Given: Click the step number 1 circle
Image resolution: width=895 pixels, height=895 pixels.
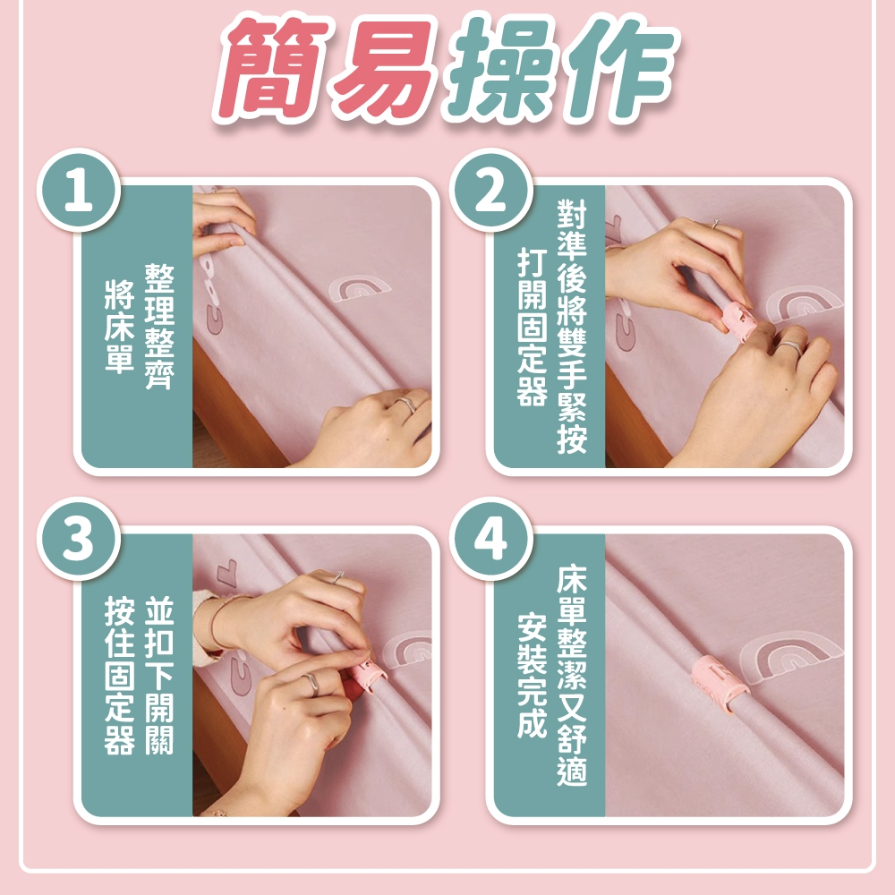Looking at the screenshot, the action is tap(79, 191).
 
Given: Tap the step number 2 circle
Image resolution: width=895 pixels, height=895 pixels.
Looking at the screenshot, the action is tap(490, 191).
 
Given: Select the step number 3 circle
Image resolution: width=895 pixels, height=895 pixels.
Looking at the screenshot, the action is tap(79, 540).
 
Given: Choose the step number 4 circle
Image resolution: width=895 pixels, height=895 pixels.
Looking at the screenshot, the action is tap(490, 540).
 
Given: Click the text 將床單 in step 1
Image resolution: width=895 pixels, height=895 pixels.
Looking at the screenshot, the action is tap(119, 326).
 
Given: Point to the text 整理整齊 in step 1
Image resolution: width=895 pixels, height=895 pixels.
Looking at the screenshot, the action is tap(159, 326).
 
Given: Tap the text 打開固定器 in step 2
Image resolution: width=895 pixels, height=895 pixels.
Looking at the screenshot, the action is tap(532, 327).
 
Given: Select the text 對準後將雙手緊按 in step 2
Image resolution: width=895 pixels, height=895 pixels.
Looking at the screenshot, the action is tap(572, 327).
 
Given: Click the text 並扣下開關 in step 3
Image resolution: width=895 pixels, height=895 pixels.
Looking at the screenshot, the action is tap(159, 675).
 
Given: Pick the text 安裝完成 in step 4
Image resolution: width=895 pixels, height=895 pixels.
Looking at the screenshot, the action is tap(532, 675).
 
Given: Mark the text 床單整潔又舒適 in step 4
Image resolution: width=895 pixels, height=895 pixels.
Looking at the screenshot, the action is tap(572, 675).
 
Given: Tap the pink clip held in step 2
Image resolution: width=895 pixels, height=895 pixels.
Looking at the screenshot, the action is tap(738, 322).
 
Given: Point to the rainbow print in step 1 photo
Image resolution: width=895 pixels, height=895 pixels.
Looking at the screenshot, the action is tap(360, 289).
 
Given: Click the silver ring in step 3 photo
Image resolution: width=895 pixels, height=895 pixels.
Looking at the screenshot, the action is tap(311, 683).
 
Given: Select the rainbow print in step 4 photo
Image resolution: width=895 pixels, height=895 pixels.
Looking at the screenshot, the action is tap(791, 656).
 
